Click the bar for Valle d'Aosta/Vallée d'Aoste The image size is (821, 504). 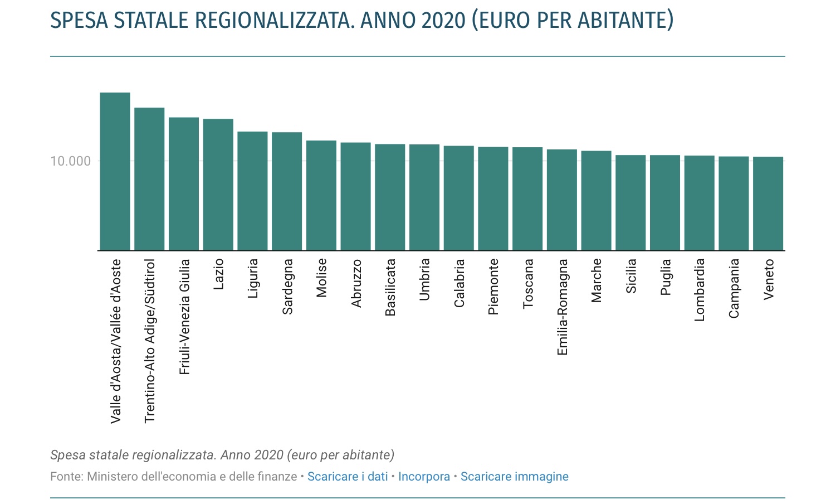115,171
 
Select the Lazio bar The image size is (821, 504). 218,185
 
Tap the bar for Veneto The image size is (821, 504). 768,203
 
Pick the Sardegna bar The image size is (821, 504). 287,191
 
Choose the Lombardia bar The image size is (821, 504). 699,203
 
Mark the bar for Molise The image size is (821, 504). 321,195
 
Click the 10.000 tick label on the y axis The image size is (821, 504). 70,161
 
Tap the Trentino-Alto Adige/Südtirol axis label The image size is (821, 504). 150,341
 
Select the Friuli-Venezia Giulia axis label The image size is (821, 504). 184,316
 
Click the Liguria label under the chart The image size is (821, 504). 253,278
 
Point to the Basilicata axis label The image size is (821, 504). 390,287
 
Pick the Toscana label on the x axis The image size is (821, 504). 528,283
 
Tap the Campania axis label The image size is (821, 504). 734,288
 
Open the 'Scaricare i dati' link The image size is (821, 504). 348,477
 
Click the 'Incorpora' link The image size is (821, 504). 424,477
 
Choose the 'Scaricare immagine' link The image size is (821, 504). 514,477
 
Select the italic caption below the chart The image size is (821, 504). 222,455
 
